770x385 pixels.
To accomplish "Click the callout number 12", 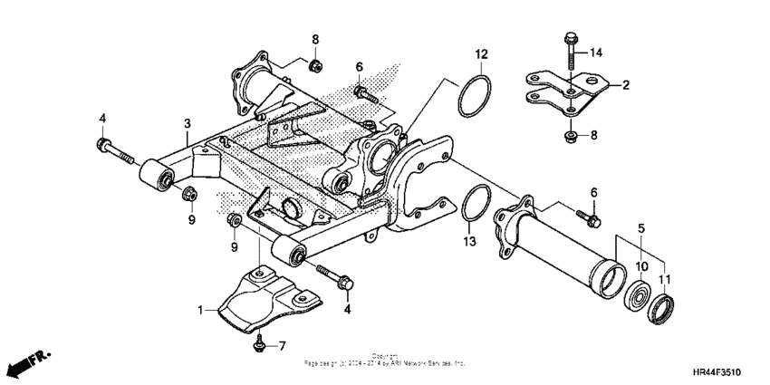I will (481, 54).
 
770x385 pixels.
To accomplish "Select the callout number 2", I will (624, 86).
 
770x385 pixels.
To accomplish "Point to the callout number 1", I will (201, 310).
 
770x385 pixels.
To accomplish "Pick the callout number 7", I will (282, 346).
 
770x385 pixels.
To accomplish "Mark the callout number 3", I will (187, 122).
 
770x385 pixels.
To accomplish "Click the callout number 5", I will (641, 228).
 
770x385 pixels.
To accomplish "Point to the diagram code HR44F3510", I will (726, 371).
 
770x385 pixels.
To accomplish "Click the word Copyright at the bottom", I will (385, 356).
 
